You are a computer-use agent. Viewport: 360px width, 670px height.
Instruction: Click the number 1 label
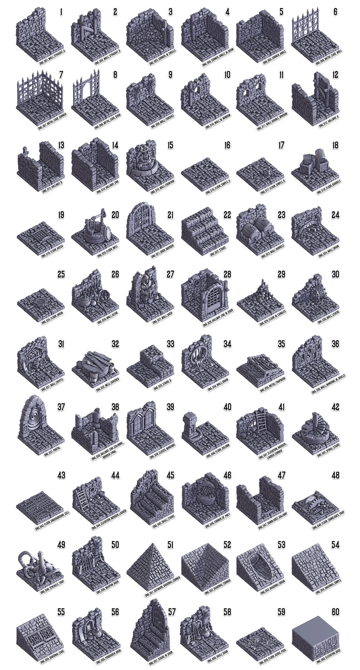click(x=61, y=12)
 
